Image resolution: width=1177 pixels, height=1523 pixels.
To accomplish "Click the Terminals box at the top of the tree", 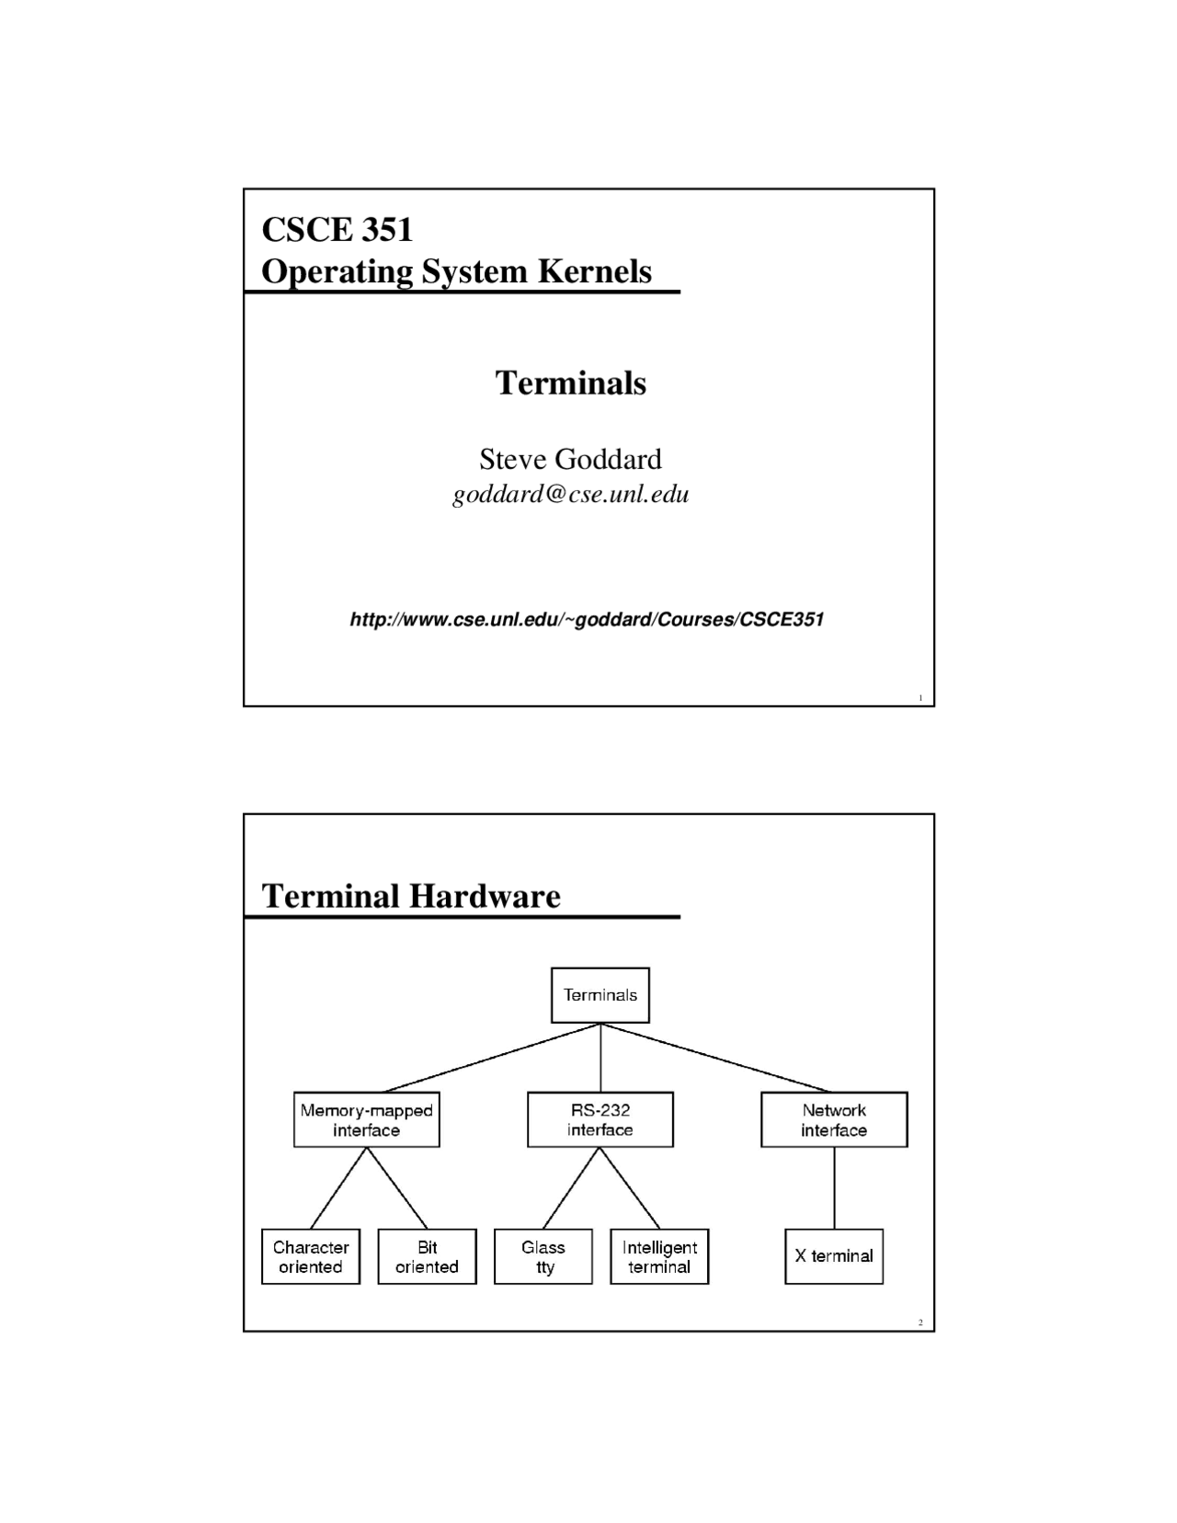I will point(600,994).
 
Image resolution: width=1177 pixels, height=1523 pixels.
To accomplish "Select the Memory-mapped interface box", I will point(366,1119).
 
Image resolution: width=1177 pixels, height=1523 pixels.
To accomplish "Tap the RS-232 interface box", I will point(600,1119).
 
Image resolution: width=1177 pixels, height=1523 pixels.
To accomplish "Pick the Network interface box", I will point(834,1119).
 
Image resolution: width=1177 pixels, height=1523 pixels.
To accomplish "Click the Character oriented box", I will point(311,1256).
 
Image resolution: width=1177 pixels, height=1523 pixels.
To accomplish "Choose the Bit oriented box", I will point(427,1256).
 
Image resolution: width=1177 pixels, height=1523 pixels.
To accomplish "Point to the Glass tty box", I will point(543,1256).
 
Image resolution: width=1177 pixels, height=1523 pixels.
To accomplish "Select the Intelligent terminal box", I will point(659,1256).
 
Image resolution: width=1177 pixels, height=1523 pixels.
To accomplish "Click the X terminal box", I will point(834,1256).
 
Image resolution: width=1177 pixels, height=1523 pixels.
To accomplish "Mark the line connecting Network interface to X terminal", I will point(835,1187).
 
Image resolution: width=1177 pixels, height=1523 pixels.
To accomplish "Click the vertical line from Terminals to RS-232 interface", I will point(600,1058).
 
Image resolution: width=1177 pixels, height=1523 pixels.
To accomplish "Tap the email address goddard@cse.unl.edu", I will point(570,495).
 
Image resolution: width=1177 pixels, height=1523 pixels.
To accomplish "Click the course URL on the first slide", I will point(587,619).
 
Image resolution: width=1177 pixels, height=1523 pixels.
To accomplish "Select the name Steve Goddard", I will point(570,459).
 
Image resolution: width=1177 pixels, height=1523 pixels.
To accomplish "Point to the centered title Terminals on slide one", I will point(570,383).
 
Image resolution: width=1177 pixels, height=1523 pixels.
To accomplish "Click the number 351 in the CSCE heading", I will point(386,229).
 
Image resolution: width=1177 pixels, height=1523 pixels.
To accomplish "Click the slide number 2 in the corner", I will point(920,1323).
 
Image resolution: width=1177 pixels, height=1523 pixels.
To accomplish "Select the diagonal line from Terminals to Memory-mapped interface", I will point(492,1058).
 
